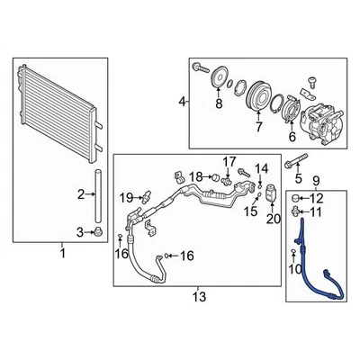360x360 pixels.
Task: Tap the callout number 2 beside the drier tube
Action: coord(81,193)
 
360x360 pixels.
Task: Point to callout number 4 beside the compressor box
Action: coord(183,103)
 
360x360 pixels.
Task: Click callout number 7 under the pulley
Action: coord(258,127)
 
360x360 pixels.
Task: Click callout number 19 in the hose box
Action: coord(128,197)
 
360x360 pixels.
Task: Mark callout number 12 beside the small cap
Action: coord(316,198)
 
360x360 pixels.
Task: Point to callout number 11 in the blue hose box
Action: coord(316,212)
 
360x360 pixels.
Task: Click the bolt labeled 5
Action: coord(295,164)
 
